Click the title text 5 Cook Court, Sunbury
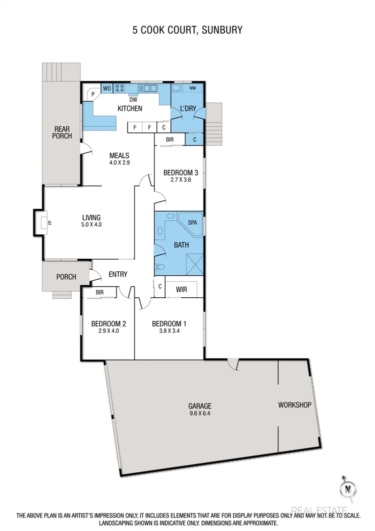pos(187,30)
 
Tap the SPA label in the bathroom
pos(192,222)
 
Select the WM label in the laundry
pos(192,89)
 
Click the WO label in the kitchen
pos(107,89)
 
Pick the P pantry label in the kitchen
pos(93,93)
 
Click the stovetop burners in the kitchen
pos(120,89)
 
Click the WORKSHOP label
pos(295,405)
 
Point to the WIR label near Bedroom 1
pos(180,289)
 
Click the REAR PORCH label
pos(63,132)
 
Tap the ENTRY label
pos(118,274)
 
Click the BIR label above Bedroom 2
pos(99,292)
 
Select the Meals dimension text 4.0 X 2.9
pos(119,162)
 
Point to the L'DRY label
pos(187,108)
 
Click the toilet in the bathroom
pos(159,267)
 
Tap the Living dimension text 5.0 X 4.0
pos(91,225)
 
